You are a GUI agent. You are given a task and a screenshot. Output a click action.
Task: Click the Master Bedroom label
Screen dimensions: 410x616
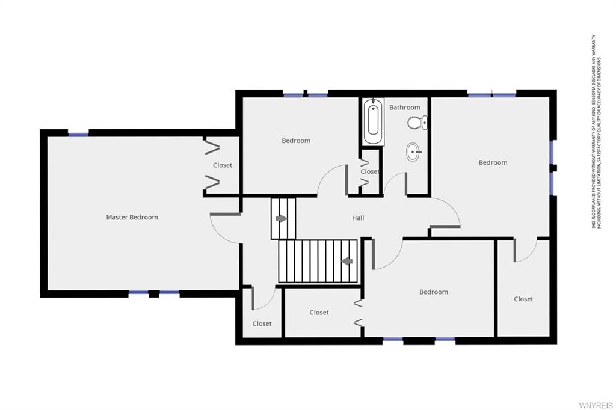pos(132,217)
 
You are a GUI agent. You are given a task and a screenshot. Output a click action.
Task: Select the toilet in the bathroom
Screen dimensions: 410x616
pos(416,123)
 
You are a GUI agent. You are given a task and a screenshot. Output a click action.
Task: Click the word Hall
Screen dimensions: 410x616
pos(358,218)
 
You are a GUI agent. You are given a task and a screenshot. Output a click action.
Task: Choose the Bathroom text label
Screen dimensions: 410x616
pos(404,108)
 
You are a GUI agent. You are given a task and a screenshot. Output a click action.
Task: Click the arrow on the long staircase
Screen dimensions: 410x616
pos(346,261)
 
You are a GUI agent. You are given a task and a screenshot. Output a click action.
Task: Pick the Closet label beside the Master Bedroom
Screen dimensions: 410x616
pos(222,165)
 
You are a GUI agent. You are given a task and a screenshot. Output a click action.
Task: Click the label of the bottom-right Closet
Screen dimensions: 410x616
pos(523,299)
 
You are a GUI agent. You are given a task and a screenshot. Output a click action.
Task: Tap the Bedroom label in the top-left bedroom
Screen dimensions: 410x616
pos(296,141)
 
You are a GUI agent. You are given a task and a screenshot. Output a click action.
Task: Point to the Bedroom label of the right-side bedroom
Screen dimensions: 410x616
pos(493,162)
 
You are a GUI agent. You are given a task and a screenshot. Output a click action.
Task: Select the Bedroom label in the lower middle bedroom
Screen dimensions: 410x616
pos(433,292)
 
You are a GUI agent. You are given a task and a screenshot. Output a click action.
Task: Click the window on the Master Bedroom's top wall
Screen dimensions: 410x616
pos(78,134)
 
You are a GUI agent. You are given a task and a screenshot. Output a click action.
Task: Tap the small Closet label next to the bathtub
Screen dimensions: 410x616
pos(369,171)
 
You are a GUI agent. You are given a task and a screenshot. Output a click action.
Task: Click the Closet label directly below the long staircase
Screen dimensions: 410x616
pos(319,313)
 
